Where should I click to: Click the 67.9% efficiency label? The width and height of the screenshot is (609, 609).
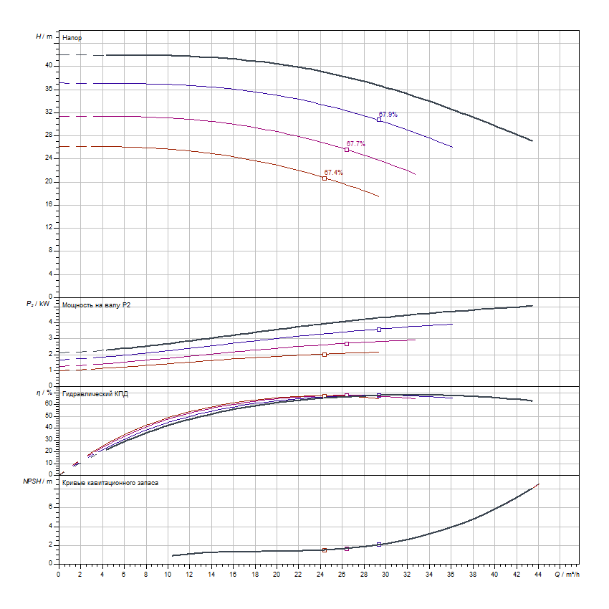click(388, 115)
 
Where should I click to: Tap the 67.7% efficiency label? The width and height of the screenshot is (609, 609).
click(355, 144)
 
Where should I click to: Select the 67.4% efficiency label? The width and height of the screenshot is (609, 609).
click(333, 173)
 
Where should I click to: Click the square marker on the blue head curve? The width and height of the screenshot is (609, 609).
click(379, 120)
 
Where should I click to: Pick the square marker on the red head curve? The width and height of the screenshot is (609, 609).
click(325, 178)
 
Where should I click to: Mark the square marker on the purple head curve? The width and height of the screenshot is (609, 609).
click(347, 150)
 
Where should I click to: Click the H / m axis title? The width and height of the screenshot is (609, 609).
click(44, 36)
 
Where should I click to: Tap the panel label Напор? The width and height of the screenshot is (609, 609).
click(72, 37)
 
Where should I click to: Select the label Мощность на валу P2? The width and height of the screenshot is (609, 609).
click(97, 305)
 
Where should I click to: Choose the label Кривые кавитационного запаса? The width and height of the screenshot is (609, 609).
click(110, 483)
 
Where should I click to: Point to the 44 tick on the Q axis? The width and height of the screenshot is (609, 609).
click(537, 574)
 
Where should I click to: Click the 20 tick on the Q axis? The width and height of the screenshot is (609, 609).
click(277, 574)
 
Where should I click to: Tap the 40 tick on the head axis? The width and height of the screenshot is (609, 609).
click(49, 65)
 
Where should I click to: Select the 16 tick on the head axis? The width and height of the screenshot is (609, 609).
click(49, 204)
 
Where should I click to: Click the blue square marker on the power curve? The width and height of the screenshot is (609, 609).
click(379, 330)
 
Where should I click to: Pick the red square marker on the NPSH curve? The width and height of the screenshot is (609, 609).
click(325, 550)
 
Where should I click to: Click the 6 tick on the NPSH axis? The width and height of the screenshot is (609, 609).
click(52, 506)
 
